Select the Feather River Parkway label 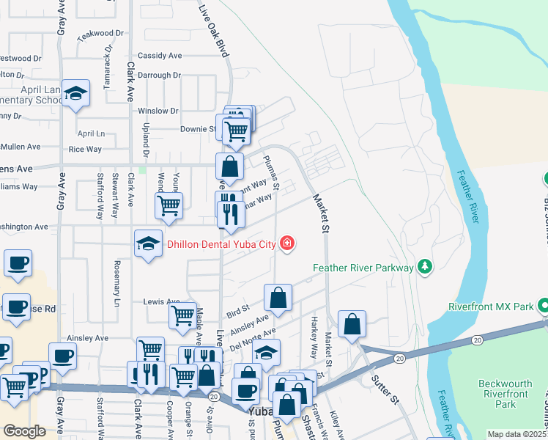(x=363, y=268)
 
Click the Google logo (x=25, y=431)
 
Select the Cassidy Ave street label (x=160, y=56)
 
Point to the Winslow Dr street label (x=158, y=111)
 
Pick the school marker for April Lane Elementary (x=75, y=94)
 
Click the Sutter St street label (x=385, y=390)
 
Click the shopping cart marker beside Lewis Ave (x=183, y=316)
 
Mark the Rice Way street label (x=85, y=149)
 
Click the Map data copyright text (x=517, y=434)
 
